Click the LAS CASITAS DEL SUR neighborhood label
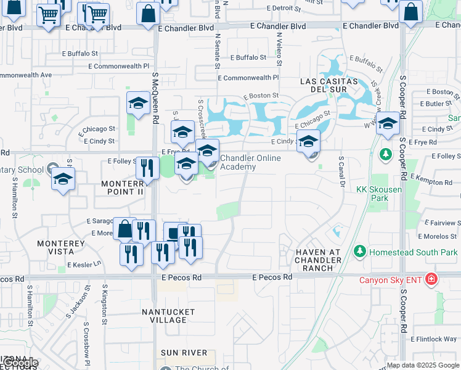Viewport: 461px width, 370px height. pyautogui.click(x=329, y=86)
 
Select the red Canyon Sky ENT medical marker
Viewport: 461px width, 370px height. pyautogui.click(x=431, y=279)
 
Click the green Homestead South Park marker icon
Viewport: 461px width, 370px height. pyautogui.click(x=360, y=252)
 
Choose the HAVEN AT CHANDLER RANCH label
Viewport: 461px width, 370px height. pyautogui.click(x=318, y=260)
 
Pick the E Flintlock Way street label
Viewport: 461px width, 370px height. pyautogui.click(x=434, y=339)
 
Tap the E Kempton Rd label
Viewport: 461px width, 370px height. pyautogui.click(x=434, y=182)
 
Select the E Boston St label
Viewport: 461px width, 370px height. pyautogui.click(x=261, y=96)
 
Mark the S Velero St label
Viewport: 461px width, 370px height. pyautogui.click(x=279, y=49)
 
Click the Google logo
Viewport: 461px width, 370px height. pyautogui.click(x=19, y=363)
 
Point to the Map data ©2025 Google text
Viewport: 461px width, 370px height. pyautogui.click(x=422, y=365)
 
